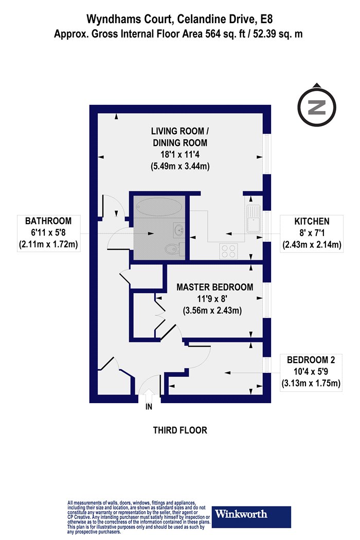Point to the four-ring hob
pos(228,251)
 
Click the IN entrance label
pos(149,407)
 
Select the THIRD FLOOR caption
pos(180,430)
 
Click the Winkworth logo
pos(251,517)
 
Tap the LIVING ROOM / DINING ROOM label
pos(180,137)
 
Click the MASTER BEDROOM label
pos(215,287)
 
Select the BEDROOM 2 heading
pos(311,360)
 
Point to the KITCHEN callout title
pos(312,221)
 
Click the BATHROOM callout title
pos(48,221)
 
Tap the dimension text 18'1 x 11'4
pos(180,154)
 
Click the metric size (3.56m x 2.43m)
pos(212,311)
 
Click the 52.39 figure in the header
pos(265,34)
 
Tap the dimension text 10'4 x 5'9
pos(311,372)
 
